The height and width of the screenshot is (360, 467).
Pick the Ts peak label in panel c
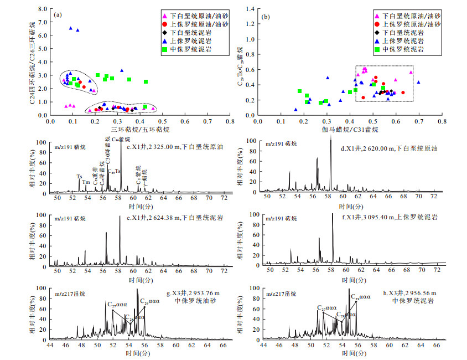click(x=79, y=177)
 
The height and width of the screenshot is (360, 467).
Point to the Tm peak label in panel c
click(x=86, y=182)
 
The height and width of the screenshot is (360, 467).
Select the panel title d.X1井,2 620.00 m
click(x=389, y=148)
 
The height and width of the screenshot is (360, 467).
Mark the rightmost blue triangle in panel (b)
click(x=418, y=82)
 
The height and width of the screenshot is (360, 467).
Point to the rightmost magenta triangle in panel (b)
click(x=411, y=72)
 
